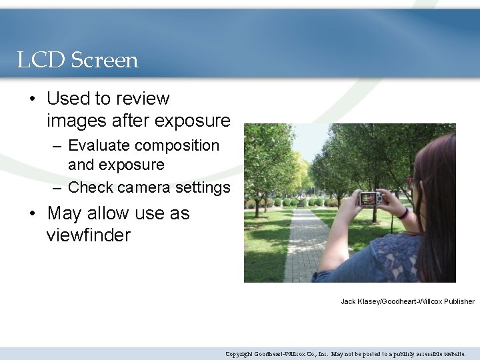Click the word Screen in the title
pos(104,61)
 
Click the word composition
pos(182,145)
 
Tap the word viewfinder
pos(89,235)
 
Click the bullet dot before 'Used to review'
pos(32,99)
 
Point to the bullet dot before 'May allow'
pos(32,214)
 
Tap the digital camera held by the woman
pos(370,198)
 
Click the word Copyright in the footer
pos(239,354)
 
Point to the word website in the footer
pos(451,354)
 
